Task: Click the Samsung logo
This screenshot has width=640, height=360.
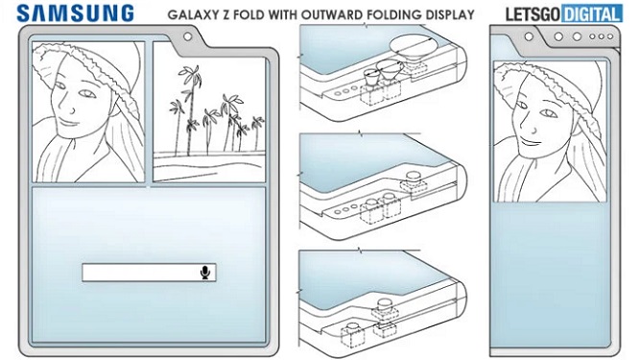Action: pos(76,13)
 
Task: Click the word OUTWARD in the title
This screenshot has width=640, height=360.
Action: pos(332,14)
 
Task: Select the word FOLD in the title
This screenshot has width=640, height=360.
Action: pos(250,14)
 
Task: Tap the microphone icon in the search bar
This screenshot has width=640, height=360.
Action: pos(205,273)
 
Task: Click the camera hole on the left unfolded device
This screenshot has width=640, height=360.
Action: pos(187,36)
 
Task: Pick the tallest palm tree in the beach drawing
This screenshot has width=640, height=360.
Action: pos(190,109)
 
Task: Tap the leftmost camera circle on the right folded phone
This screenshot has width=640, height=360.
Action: pos(529,36)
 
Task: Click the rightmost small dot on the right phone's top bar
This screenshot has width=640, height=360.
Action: pos(610,36)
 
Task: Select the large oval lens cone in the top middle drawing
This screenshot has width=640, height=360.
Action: pos(411,49)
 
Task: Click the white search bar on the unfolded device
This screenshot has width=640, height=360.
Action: pos(149,273)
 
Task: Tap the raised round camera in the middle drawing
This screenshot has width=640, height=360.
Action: pos(413,178)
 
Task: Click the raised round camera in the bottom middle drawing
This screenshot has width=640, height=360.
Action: pos(385,304)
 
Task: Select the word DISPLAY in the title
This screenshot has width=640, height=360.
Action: pos(449,14)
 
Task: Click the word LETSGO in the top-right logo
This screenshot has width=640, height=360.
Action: pos(533,14)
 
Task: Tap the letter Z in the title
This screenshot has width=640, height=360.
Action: pos(225,14)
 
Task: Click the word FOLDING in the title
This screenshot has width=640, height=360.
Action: pos(393,14)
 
